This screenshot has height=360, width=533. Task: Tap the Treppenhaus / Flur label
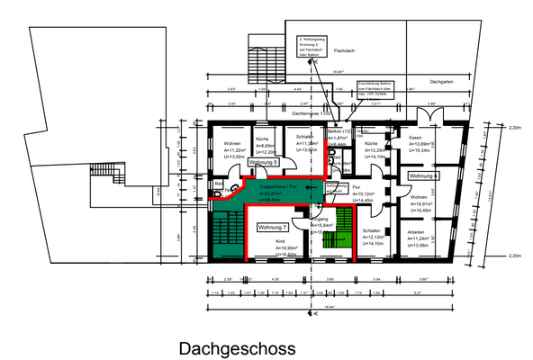[x=279, y=186]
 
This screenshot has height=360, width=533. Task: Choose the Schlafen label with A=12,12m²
[x=373, y=229]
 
